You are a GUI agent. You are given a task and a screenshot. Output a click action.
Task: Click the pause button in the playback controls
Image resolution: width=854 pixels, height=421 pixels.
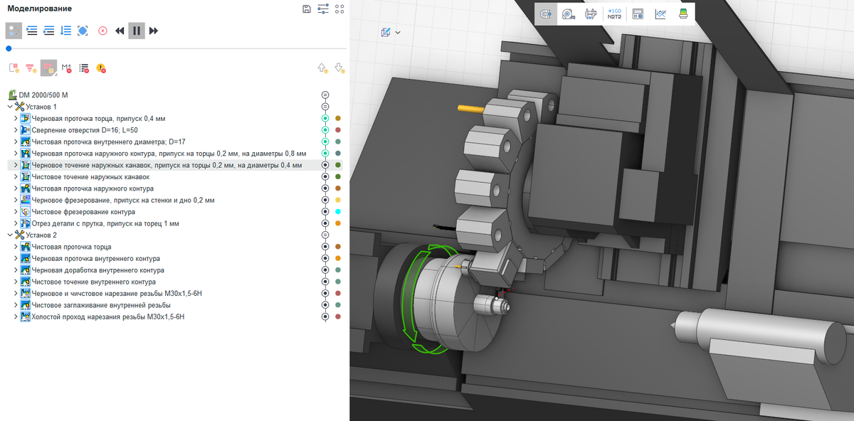point(136,31)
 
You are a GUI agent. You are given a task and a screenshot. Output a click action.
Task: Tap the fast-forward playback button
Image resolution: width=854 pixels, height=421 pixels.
point(153,31)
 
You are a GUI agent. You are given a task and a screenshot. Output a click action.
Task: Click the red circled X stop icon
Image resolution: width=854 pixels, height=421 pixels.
point(102,31)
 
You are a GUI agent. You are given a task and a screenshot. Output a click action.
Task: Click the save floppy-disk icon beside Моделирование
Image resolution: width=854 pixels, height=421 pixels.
point(307,9)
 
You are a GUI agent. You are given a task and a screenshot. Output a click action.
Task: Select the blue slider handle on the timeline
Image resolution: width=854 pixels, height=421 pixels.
point(9,48)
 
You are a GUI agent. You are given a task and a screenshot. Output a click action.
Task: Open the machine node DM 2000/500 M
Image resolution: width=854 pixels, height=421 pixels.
point(43,95)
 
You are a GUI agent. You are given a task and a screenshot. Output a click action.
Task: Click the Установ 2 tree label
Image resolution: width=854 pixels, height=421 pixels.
point(41,235)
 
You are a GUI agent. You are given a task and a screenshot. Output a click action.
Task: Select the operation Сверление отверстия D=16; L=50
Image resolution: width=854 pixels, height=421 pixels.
point(84,130)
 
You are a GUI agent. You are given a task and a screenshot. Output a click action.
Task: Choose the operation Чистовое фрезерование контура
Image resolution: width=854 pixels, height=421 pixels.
point(83,212)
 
